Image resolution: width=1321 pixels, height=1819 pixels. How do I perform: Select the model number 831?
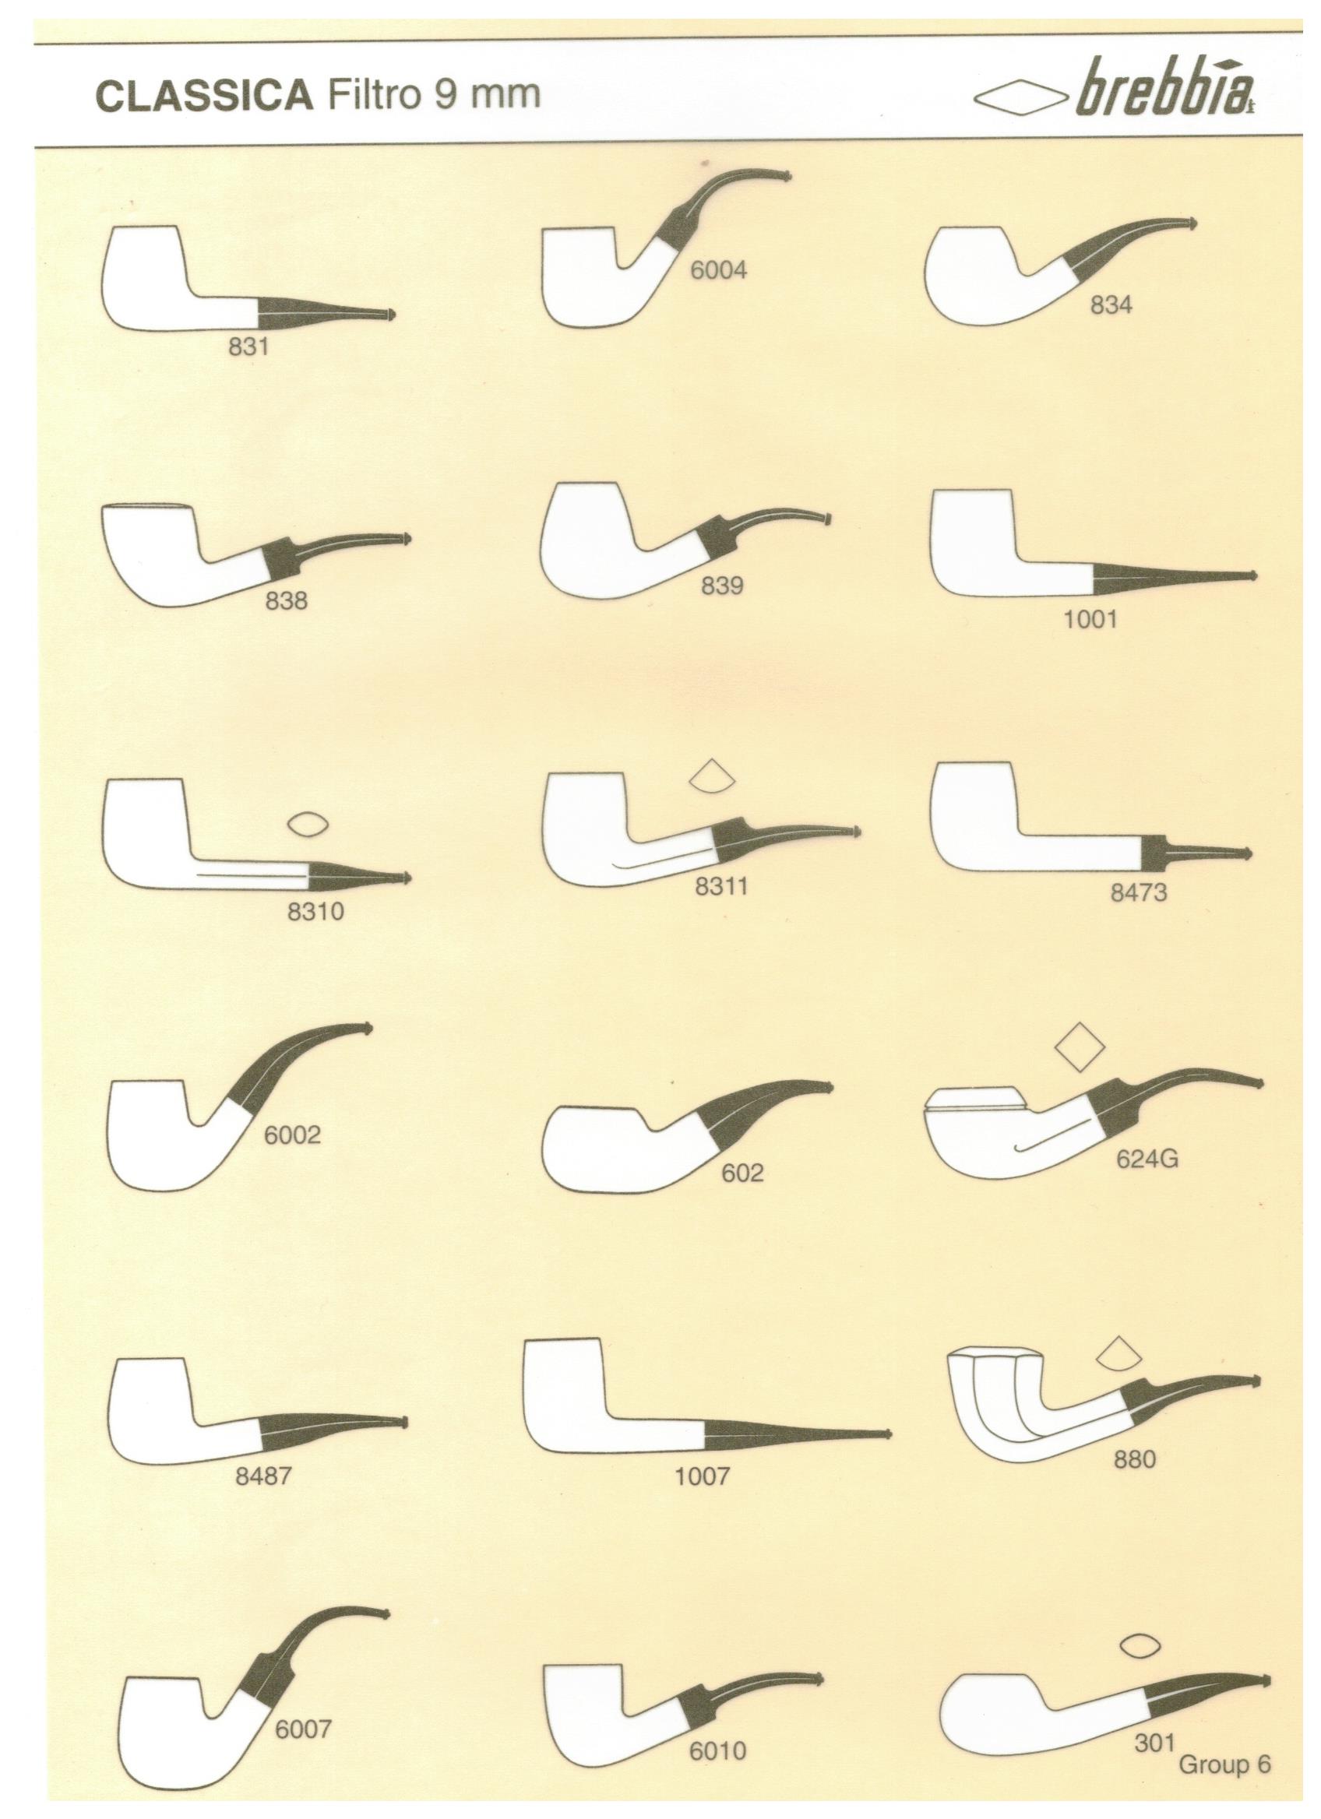248,347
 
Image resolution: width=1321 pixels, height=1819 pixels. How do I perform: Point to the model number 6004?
719,271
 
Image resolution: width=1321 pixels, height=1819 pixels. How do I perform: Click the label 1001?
1090,619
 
